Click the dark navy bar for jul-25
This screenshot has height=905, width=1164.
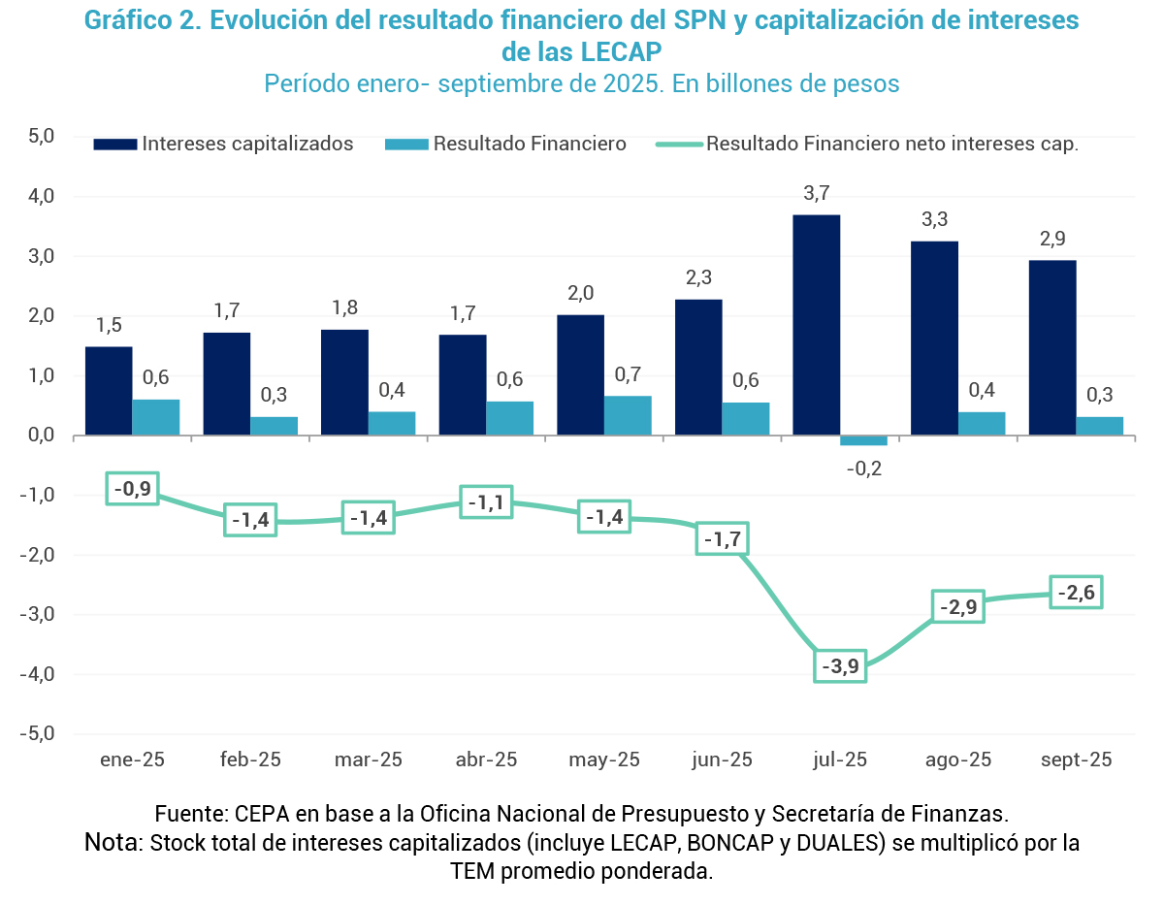816,325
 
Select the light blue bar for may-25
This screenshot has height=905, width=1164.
628,415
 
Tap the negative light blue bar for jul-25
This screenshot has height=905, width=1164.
863,440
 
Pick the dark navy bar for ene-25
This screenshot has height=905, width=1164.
109,391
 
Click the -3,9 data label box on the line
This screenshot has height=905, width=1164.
840,666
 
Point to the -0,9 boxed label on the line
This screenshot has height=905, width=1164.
132,489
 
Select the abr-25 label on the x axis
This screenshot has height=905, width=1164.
486,760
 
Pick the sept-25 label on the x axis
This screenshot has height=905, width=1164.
1076,760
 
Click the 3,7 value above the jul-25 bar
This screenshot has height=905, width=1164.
817,193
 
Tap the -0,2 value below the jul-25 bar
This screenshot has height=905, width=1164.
863,469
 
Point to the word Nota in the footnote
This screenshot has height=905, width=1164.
113,841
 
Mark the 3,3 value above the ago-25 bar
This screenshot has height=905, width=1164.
934,220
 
